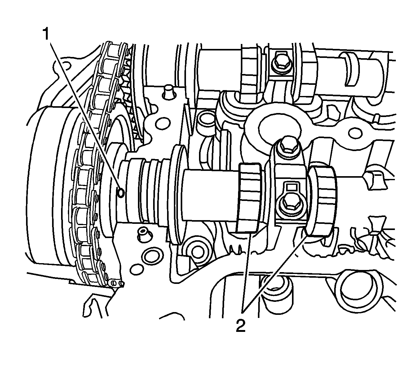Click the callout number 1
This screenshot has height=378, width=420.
pyautogui.click(x=46, y=34)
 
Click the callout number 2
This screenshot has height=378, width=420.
pyautogui.click(x=241, y=326)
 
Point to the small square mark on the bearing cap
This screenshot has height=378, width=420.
pyautogui.click(x=290, y=187)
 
